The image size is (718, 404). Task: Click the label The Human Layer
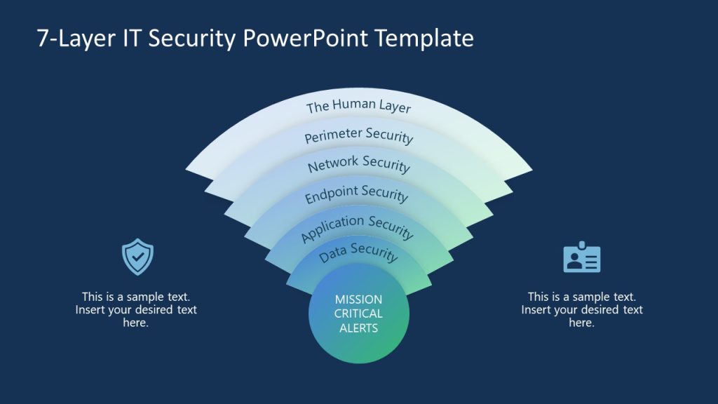(x=358, y=106)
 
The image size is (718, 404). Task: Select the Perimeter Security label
(x=358, y=135)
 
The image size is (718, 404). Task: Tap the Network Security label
(x=358, y=164)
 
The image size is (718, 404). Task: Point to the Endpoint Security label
(x=356, y=194)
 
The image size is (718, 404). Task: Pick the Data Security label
(x=358, y=252)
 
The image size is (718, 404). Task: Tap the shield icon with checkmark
(x=137, y=257)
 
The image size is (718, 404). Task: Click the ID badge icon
(x=582, y=258)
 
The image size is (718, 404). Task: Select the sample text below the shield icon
(x=136, y=309)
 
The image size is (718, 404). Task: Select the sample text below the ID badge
(x=582, y=309)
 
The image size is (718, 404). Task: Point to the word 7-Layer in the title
(x=71, y=39)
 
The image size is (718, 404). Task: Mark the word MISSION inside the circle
(x=358, y=299)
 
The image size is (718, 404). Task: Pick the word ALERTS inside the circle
(x=358, y=328)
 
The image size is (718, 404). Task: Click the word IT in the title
(x=137, y=39)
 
